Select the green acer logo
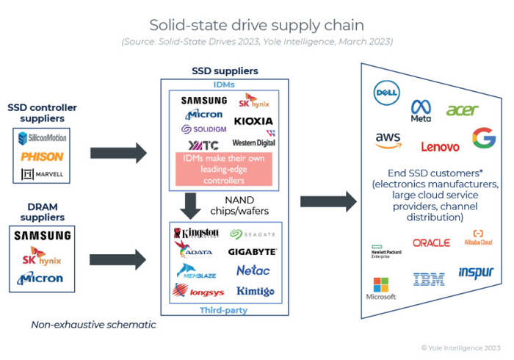pos(462,110)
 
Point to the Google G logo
pos(484,138)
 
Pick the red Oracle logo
pos(431,242)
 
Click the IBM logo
pos(428,279)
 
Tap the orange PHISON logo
pos(42,156)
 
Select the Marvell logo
pos(42,174)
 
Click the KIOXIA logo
pos(253,120)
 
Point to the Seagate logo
pos(253,234)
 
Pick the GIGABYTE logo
pos(252,252)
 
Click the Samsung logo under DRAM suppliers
pos(42,236)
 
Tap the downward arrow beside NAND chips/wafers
pos(192,202)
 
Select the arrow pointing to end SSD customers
pos(327,200)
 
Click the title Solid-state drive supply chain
pos(256,25)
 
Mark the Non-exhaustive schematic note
pos(93,324)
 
